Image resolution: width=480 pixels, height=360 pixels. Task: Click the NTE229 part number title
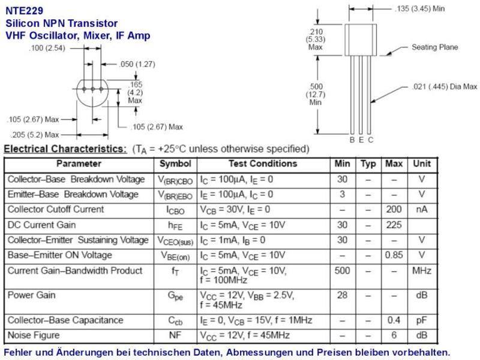(x=25, y=11)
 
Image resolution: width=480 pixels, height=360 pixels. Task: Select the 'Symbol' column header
(x=175, y=164)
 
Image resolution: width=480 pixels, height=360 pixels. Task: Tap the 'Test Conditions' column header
(x=263, y=163)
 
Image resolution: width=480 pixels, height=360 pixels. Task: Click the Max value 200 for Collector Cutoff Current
(x=394, y=209)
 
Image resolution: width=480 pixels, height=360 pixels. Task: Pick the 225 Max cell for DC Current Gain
(x=394, y=225)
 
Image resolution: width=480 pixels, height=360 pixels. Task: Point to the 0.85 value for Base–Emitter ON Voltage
(x=394, y=255)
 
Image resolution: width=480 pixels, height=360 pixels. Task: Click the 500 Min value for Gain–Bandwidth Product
(x=342, y=271)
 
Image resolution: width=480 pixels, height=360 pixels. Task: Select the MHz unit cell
(x=422, y=271)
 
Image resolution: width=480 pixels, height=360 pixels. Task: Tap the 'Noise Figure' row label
(x=34, y=335)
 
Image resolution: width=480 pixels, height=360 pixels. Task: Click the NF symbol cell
(x=175, y=335)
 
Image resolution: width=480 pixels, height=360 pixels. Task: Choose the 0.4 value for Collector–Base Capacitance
(x=394, y=320)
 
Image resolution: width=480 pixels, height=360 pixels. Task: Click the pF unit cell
(x=422, y=320)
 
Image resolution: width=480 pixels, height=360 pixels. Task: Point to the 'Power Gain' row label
(x=32, y=295)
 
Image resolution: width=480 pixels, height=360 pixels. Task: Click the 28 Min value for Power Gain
(x=342, y=295)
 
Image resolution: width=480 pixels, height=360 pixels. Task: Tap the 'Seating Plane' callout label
(x=434, y=47)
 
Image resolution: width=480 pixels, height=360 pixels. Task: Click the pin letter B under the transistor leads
(x=352, y=140)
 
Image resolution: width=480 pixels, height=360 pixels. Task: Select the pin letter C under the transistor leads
(x=370, y=140)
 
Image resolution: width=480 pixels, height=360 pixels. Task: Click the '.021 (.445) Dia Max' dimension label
(x=445, y=86)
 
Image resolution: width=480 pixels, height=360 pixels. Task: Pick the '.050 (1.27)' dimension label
(x=137, y=64)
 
